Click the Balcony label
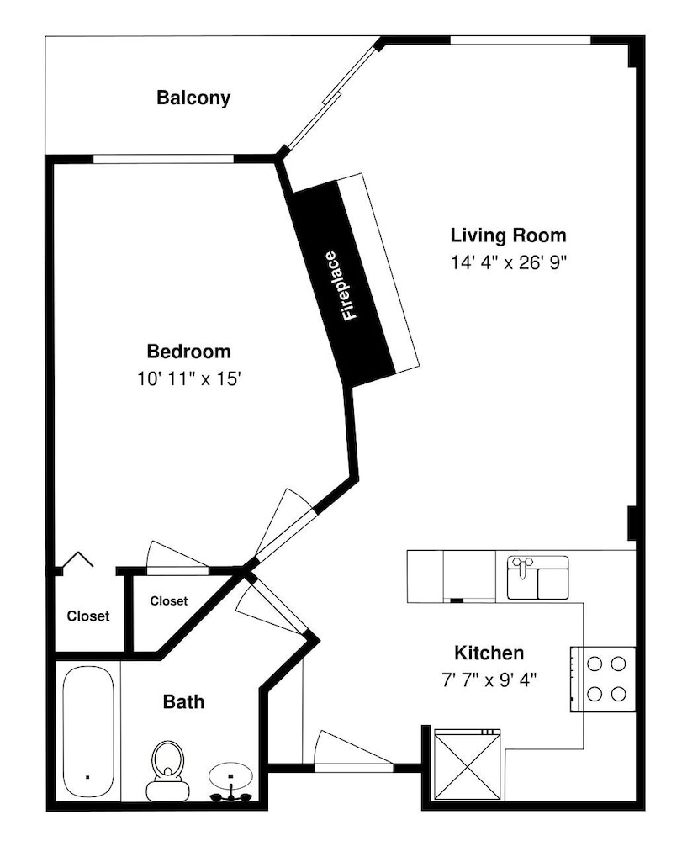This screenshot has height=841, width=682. (193, 98)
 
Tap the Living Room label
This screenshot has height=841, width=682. (508, 235)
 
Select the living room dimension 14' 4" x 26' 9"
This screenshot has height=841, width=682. (508, 262)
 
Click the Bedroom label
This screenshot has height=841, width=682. (188, 352)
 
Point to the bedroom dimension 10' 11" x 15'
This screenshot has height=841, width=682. (188, 379)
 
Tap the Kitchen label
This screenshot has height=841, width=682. (489, 653)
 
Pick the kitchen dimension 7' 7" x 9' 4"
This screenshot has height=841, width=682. (489, 680)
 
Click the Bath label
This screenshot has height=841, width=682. (183, 701)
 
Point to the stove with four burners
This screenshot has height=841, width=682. (603, 680)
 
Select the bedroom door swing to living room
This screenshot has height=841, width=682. (285, 525)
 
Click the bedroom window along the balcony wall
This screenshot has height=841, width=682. (163, 159)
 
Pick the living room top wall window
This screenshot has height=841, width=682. (520, 40)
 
